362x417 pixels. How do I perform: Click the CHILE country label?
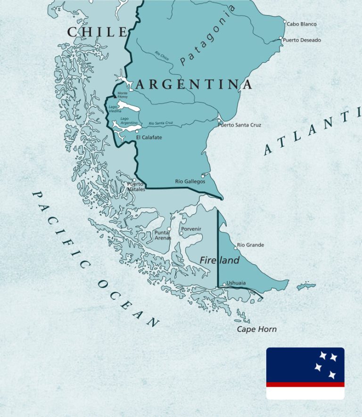point(97,32)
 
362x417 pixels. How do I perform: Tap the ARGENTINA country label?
point(194,85)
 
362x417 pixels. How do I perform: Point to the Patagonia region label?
point(207,35)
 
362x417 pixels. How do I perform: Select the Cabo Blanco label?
point(302,24)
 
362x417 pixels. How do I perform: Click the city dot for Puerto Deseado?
point(281,39)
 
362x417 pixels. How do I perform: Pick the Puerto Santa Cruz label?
point(239,125)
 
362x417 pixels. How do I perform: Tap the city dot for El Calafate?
point(137,131)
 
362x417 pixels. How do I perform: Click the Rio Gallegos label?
point(190,181)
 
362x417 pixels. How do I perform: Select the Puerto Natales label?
point(136,187)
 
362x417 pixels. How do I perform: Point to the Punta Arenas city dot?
point(169,229)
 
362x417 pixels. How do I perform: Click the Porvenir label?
point(191,229)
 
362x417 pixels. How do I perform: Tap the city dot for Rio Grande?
point(235,248)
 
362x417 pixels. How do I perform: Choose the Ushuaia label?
point(236,283)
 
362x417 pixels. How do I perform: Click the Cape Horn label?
point(256,329)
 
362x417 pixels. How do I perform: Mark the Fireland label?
point(219,260)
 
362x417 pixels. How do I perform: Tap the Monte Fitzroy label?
point(123,95)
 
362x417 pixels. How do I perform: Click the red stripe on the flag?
point(305,385)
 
